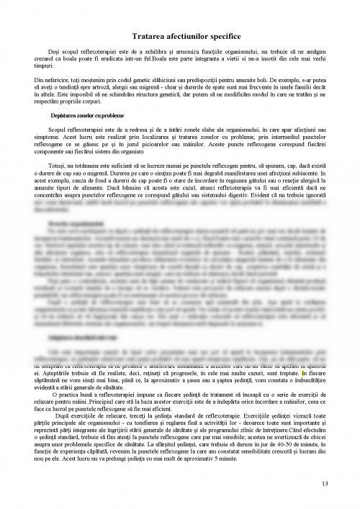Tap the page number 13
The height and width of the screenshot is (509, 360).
click(x=326, y=482)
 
